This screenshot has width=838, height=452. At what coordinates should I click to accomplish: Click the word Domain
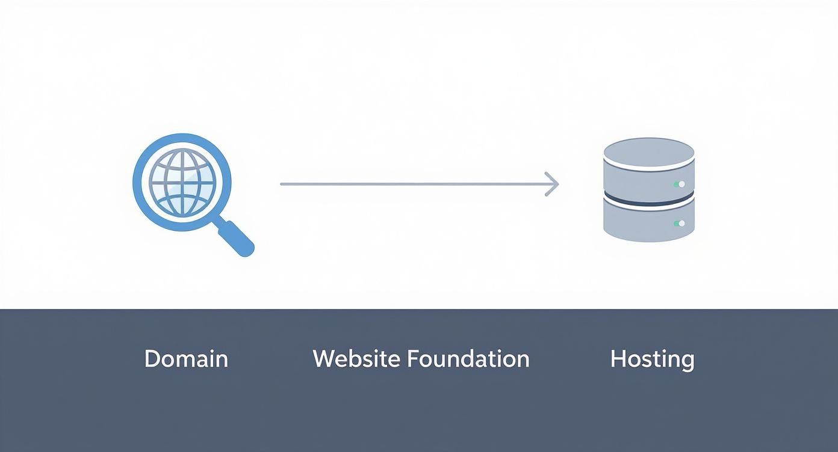pos(186,359)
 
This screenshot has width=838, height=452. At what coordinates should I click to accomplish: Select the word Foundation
pos(468,359)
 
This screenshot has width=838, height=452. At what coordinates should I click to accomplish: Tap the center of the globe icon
pos(181,182)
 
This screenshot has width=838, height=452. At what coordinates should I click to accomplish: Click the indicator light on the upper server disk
pos(681,184)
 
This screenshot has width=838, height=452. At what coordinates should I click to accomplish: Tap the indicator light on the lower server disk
pos(681,224)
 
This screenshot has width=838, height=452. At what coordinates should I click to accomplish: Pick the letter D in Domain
pos(152,359)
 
